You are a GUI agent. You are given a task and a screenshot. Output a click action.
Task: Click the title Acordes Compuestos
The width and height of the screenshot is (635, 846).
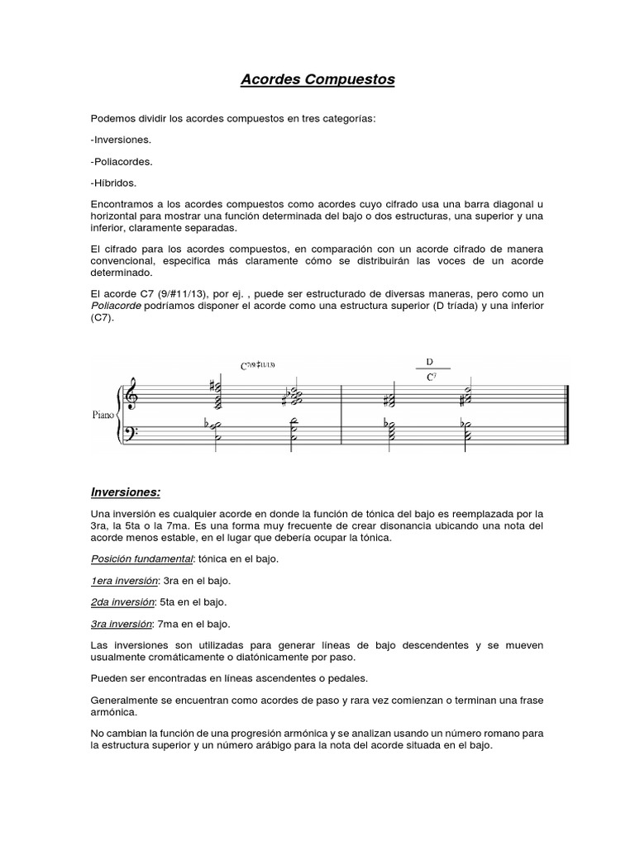[x=317, y=80]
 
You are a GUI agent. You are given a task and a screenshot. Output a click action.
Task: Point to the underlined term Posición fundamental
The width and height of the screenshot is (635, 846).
[x=141, y=559]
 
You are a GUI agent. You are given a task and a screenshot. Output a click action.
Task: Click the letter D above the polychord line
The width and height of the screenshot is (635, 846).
[x=429, y=362]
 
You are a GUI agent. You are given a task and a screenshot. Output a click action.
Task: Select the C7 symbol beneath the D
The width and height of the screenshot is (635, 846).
[x=431, y=377]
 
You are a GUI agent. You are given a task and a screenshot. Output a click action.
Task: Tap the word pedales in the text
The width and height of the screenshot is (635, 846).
[x=343, y=678]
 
